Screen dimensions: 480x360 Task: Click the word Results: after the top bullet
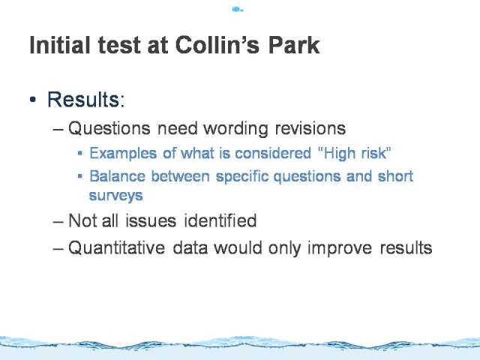point(86,100)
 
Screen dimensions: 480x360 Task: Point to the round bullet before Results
point(33,100)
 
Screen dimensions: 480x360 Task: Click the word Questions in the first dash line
point(109,128)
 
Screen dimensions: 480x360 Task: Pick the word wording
point(235,128)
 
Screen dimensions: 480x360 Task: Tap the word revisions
point(310,128)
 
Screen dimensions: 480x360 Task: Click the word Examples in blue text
point(123,153)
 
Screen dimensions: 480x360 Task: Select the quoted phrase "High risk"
point(355,153)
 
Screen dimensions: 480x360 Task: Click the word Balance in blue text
point(117,176)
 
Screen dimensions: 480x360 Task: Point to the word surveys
point(115,196)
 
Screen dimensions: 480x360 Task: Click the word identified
point(220,220)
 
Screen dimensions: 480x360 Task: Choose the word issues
point(151,220)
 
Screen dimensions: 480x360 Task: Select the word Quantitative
point(116,247)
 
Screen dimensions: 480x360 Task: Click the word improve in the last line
point(340,248)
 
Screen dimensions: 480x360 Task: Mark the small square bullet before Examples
point(80,153)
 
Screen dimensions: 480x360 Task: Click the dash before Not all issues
point(58,221)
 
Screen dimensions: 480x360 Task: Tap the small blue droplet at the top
point(237,10)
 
